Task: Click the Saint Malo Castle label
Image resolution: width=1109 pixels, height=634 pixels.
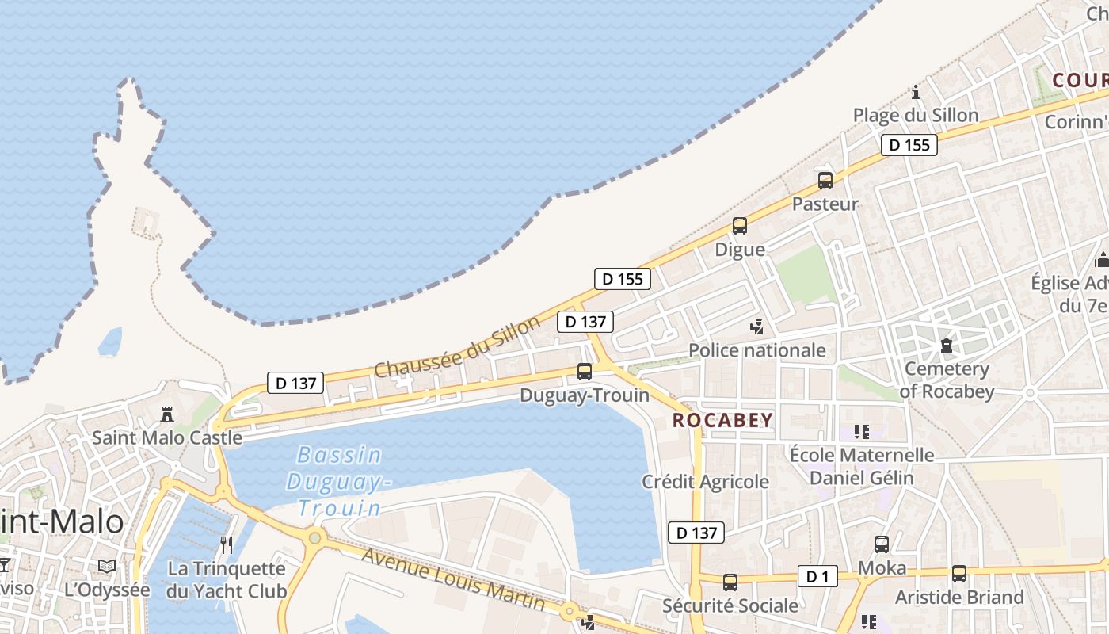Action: pos(167,437)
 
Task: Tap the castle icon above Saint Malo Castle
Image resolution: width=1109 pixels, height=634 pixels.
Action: pos(167,414)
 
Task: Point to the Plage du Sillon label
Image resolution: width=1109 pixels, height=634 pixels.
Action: pos(916,115)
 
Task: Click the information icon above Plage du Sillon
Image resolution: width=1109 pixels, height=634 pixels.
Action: pos(916,92)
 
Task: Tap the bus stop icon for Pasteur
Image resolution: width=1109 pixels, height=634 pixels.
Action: pos(825,181)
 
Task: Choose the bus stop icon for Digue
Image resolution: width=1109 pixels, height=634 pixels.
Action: pos(740,226)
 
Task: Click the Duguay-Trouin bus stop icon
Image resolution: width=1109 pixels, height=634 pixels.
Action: pos(585,371)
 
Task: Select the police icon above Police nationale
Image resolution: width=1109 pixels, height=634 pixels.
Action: pos(757,327)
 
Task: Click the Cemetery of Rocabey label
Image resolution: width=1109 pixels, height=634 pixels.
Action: pos(947,380)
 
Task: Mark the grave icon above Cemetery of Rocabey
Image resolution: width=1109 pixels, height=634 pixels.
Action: pos(946,346)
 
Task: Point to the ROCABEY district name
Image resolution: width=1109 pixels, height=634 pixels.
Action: pos(722,420)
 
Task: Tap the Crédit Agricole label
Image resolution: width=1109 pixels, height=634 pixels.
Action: pos(705,481)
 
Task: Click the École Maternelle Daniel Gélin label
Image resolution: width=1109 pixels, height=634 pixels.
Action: pos(862,466)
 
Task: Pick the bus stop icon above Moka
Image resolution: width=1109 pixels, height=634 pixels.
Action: pos(882,544)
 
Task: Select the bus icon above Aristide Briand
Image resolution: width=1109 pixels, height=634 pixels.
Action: pos(959,574)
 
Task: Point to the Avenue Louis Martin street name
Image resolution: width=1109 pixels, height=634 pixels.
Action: pos(453,578)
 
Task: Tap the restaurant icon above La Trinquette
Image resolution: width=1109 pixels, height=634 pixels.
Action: pos(227,545)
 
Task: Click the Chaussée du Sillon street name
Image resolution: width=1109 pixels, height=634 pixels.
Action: pos(457,346)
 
